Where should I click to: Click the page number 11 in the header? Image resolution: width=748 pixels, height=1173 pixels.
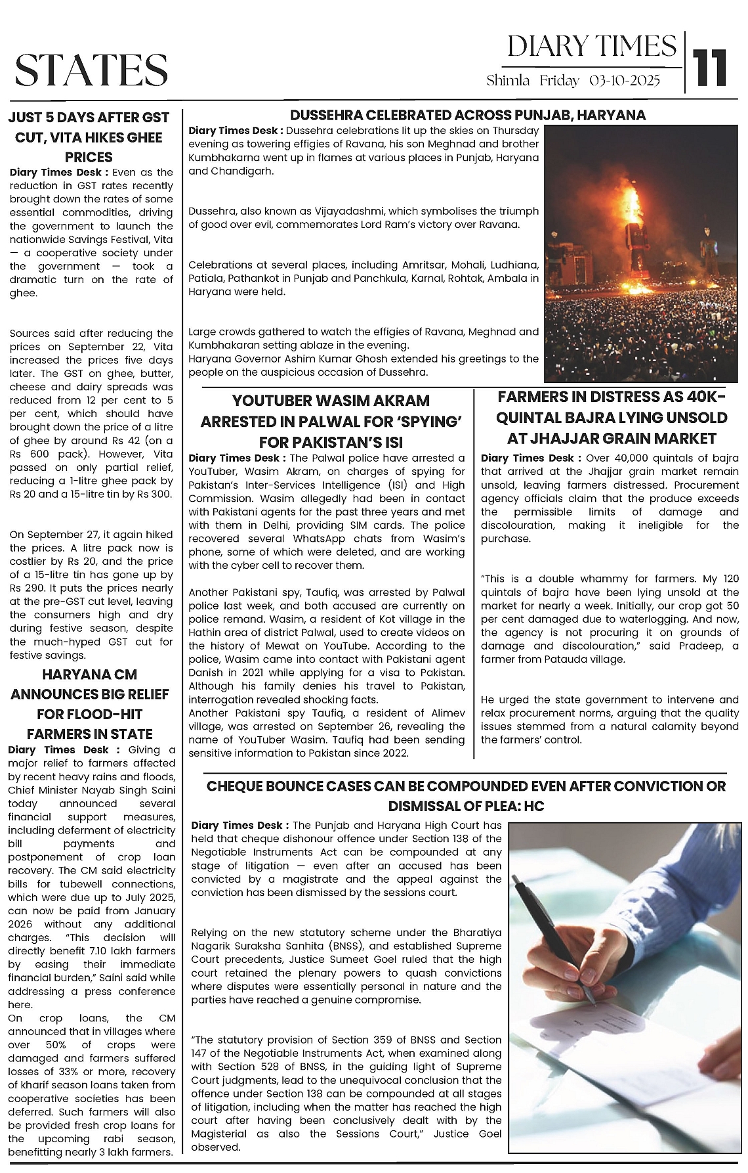pos(709,67)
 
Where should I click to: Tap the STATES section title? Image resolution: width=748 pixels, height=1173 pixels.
pos(91,70)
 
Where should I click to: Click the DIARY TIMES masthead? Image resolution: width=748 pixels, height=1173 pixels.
pos(591,46)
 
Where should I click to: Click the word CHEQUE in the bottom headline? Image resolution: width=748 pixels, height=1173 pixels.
pos(238,786)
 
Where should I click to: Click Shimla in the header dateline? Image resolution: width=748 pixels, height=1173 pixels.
pos(508,81)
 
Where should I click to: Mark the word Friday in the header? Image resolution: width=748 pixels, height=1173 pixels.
pos(559,81)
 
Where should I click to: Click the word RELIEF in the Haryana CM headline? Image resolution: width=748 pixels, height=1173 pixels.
pos(146,694)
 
